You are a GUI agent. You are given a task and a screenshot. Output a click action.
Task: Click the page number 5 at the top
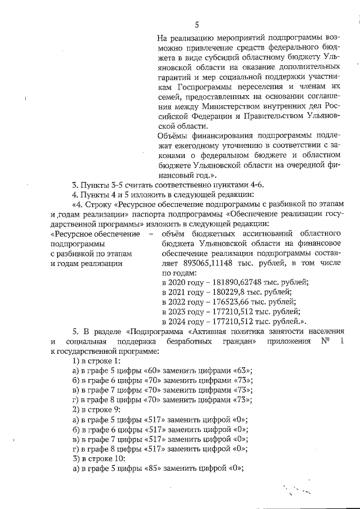pos(197,24)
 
